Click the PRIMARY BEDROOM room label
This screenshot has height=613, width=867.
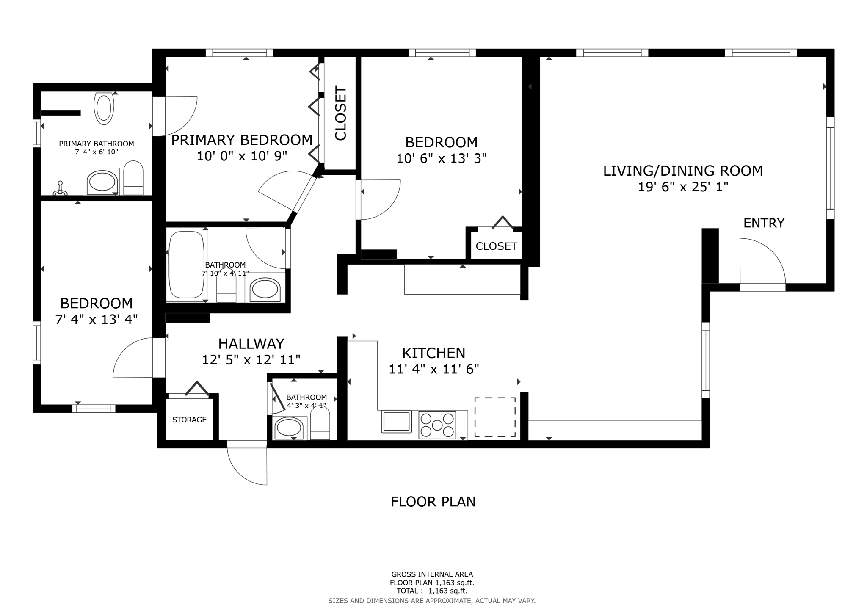(x=242, y=140)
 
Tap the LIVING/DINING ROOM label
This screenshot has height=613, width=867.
(x=683, y=171)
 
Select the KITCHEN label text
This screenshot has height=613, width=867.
(x=433, y=353)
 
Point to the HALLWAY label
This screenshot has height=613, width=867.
(x=251, y=343)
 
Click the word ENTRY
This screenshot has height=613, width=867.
(x=764, y=223)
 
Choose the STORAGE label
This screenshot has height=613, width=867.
(x=189, y=420)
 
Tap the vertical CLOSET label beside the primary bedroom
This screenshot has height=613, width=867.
(x=340, y=113)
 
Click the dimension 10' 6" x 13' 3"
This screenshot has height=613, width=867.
(x=442, y=158)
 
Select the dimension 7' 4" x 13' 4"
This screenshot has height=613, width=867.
(x=97, y=319)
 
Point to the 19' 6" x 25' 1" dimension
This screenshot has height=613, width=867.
(x=683, y=187)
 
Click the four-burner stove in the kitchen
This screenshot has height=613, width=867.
(x=437, y=425)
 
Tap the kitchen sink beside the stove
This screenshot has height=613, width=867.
(x=397, y=422)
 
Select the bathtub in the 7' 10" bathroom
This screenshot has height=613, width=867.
(x=187, y=265)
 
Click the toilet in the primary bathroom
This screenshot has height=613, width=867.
(x=104, y=108)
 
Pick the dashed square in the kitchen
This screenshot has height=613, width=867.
(x=495, y=417)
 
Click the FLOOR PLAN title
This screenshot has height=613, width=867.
(x=433, y=502)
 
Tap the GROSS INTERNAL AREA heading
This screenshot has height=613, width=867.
(x=432, y=574)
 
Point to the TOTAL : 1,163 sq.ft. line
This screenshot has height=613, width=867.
(x=432, y=591)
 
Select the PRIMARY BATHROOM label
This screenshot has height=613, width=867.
(x=97, y=144)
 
